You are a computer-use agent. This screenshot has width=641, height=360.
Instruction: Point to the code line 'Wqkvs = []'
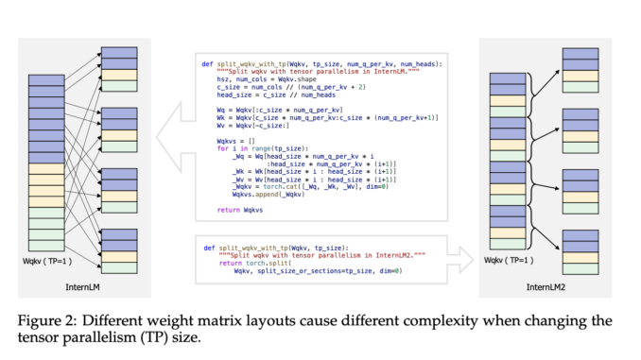pyautogui.click(x=235, y=140)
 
